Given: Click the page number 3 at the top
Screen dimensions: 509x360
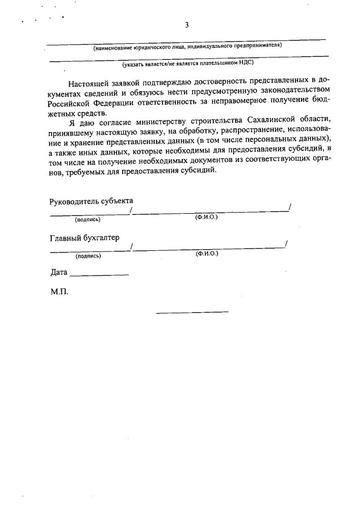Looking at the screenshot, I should tap(187, 25).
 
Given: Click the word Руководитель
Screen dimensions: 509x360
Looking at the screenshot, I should tap(75, 201).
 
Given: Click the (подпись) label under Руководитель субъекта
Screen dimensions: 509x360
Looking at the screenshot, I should tap(88, 219).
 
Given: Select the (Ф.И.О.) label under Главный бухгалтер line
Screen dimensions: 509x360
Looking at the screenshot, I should tap(207, 254).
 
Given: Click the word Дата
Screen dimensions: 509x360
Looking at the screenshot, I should tap(58, 272).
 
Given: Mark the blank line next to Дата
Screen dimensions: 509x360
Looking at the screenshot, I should tap(99, 275).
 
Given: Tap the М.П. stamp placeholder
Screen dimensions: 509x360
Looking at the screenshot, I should tap(59, 292).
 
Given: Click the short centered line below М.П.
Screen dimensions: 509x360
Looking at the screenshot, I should tap(192, 312).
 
